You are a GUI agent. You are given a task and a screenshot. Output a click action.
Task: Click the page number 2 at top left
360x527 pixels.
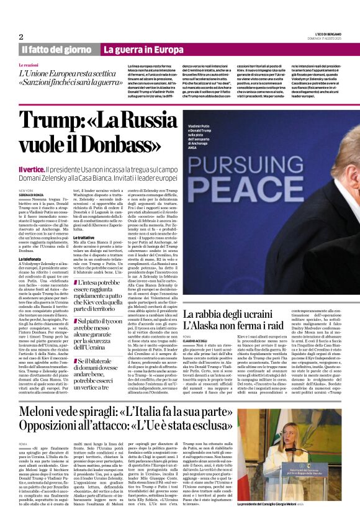(x=21, y=37)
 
